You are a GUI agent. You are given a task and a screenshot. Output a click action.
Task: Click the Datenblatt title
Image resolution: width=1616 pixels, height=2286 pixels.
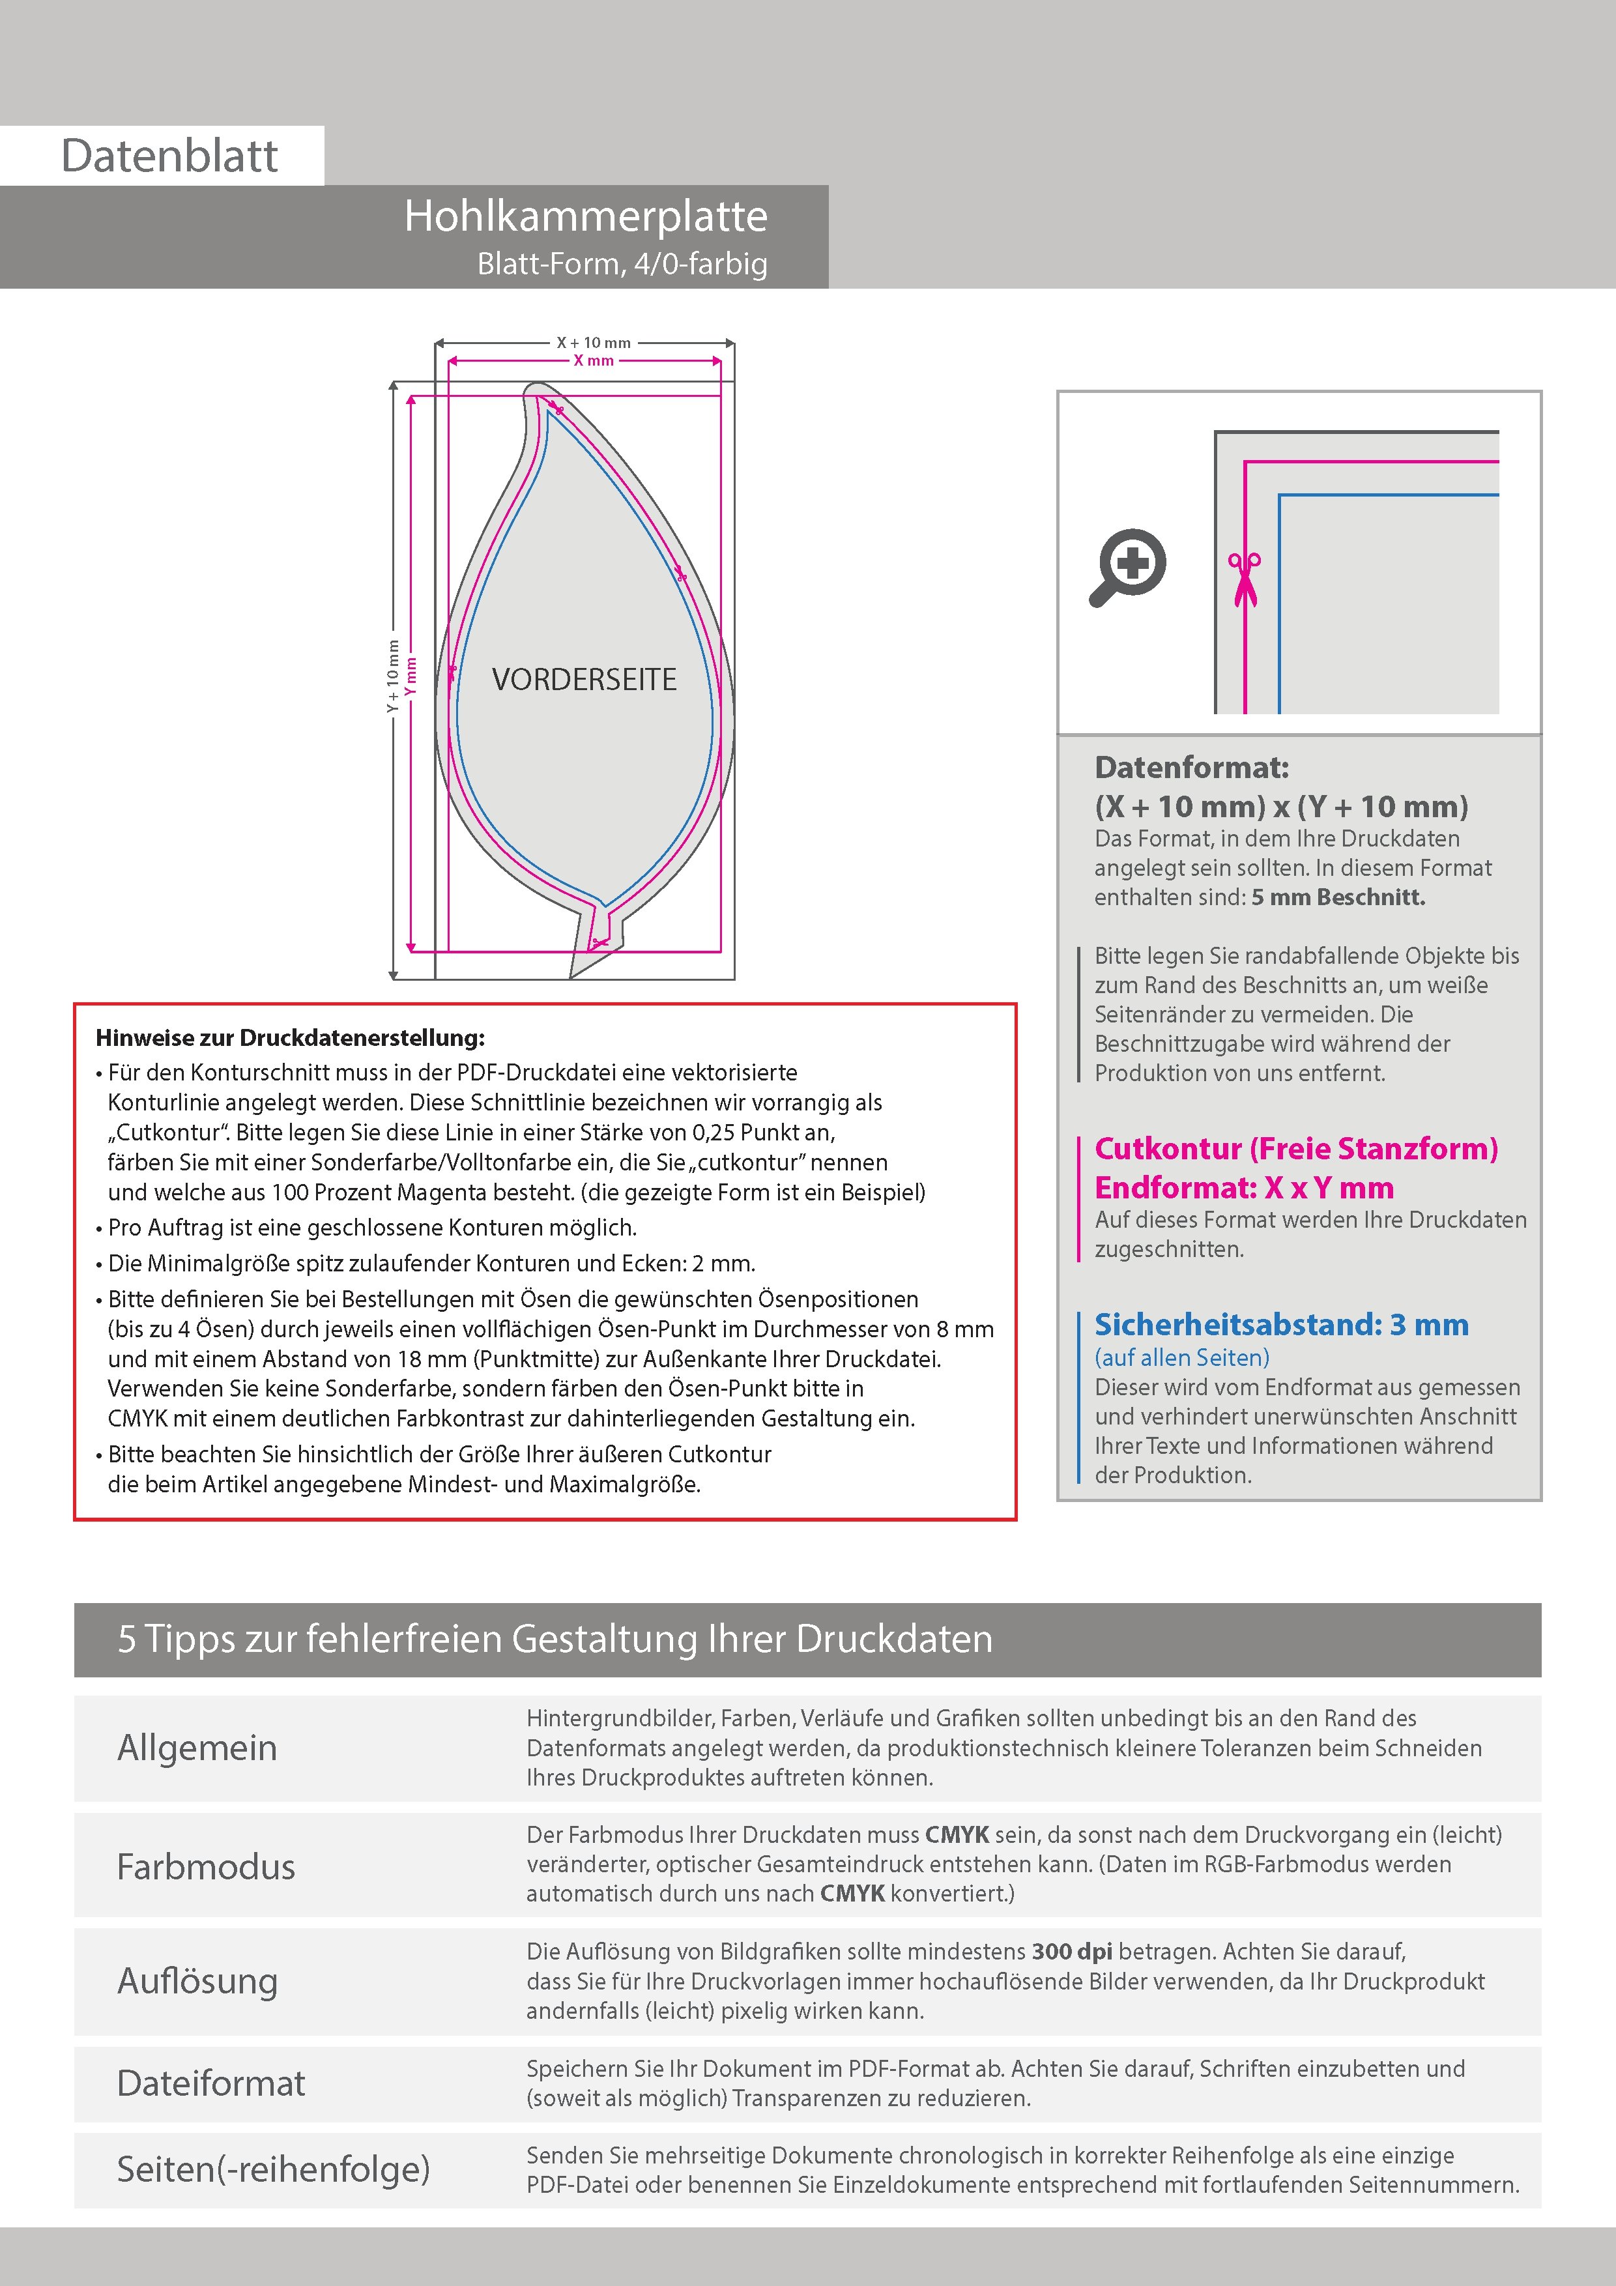pyautogui.click(x=169, y=156)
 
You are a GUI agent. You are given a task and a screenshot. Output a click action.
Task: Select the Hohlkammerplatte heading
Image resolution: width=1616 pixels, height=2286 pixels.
pyautogui.click(x=585, y=217)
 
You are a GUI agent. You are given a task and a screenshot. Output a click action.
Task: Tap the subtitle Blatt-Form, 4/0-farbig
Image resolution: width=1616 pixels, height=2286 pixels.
pyautogui.click(x=622, y=264)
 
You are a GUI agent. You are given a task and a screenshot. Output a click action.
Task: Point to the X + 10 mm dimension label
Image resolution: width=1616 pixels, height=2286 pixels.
pyautogui.click(x=594, y=343)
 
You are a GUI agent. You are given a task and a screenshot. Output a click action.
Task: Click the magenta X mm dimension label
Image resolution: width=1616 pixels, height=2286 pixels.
pyautogui.click(x=594, y=360)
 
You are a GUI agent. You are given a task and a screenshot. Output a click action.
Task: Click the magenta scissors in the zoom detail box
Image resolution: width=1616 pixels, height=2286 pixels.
pyautogui.click(x=1244, y=579)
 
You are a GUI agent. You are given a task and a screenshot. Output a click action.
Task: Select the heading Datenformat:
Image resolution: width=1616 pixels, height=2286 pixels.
pyautogui.click(x=1191, y=768)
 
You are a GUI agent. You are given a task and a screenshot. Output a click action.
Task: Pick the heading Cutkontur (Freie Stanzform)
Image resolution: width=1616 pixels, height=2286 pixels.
pyautogui.click(x=1295, y=1149)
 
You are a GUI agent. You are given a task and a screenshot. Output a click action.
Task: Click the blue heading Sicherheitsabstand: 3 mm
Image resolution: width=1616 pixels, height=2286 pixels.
pyautogui.click(x=1280, y=1325)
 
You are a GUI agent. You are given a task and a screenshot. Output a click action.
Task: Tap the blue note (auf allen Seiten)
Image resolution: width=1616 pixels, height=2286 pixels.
pyautogui.click(x=1181, y=1357)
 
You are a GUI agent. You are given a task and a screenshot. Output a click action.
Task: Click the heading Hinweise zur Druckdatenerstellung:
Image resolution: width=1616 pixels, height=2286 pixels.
pyautogui.click(x=290, y=1037)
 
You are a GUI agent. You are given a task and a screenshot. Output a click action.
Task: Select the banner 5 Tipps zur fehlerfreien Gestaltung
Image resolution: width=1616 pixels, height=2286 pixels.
pyautogui.click(x=555, y=1639)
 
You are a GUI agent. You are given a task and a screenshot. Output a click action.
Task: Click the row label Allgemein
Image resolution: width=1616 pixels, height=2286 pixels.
pyautogui.click(x=197, y=1747)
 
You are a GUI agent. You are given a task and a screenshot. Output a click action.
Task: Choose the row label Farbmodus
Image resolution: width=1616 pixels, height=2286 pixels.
pyautogui.click(x=206, y=1866)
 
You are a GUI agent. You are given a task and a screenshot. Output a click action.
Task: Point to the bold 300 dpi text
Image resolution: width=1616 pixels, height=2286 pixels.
pyautogui.click(x=1073, y=1952)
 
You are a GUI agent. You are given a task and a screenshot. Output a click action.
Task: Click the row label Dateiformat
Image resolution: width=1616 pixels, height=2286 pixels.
pyautogui.click(x=211, y=2083)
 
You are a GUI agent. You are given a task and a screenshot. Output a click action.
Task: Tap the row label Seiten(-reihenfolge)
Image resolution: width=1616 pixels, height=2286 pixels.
pyautogui.click(x=273, y=2169)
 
